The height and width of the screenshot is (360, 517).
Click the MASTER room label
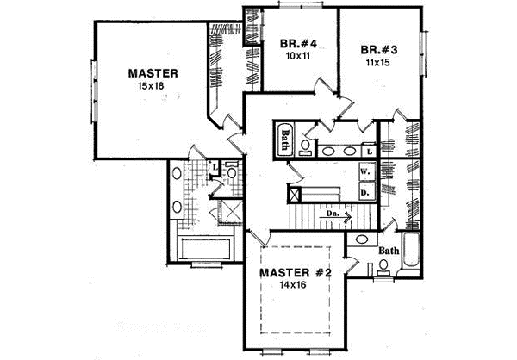click(153, 73)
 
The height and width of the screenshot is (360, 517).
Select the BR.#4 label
click(295, 44)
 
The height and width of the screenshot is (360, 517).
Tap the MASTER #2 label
click(296, 273)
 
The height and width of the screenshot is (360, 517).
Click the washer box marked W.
click(364, 171)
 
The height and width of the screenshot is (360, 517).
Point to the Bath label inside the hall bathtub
click(286, 139)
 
